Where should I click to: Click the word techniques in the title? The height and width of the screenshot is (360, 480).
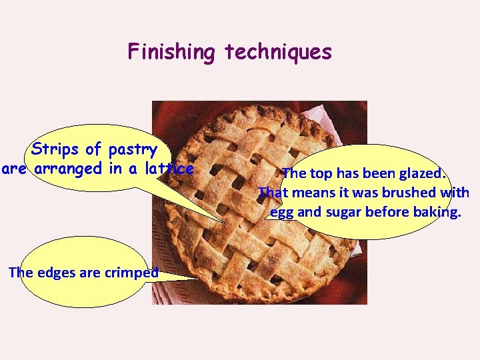[278, 52]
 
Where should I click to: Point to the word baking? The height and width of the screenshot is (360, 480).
[437, 213]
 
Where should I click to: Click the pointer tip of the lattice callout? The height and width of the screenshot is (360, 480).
[225, 221]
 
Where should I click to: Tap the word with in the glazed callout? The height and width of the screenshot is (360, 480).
[455, 193]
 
